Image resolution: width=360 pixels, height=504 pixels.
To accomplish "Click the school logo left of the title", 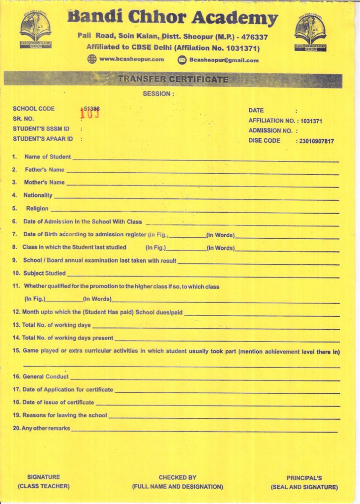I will click(x=35, y=30).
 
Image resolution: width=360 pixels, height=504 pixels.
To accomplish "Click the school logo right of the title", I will click(x=310, y=32).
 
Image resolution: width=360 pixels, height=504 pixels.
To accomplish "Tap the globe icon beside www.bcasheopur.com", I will click(x=92, y=60).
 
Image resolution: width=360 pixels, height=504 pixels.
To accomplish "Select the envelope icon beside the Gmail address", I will click(x=182, y=60).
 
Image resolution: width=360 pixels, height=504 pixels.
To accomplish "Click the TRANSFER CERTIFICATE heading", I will click(x=173, y=79).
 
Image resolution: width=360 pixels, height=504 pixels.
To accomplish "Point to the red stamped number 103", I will click(x=90, y=114).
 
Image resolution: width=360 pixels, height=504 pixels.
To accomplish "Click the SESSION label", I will click(x=158, y=94).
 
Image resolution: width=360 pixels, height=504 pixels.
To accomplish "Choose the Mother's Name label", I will click(x=45, y=183).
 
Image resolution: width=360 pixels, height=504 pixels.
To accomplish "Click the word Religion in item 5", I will click(x=37, y=209).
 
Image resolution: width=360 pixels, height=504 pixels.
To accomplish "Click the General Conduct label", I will click(x=46, y=377).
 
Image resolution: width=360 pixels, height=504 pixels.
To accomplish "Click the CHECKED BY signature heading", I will click(x=177, y=477).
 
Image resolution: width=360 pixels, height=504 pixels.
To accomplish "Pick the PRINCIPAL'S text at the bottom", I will click(x=304, y=478).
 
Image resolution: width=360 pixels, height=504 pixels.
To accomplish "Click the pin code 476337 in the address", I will click(x=254, y=37).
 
